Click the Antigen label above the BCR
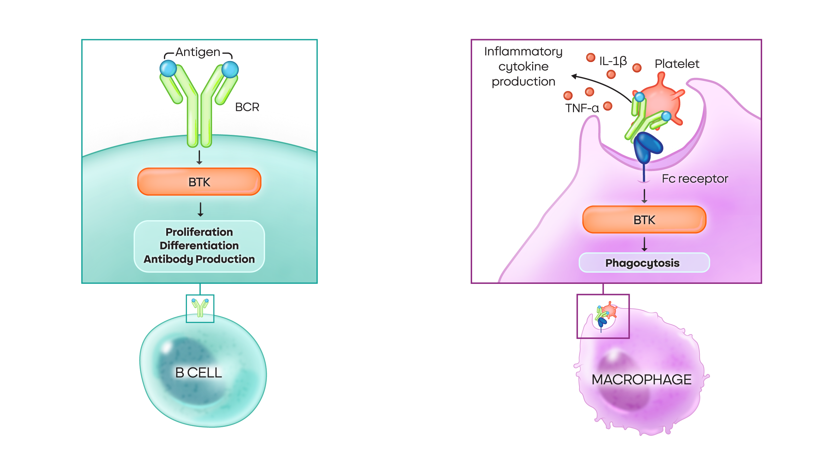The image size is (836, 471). coord(198,52)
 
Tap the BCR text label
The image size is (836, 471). coord(247,107)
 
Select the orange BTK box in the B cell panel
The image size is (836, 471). coord(199,182)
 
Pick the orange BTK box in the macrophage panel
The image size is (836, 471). coord(644,220)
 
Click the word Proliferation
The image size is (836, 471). coord(199,232)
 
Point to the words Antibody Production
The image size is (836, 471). coord(199,259)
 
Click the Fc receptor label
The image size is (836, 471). coord(695,179)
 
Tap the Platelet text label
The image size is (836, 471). coord(677,64)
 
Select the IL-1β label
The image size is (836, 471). coord(613,61)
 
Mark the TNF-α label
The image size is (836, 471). coord(582,108)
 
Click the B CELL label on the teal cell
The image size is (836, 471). coord(199,373)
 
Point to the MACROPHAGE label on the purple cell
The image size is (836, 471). coord(641,380)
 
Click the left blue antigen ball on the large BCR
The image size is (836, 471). coord(168,68)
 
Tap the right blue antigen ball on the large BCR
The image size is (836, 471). coord(230,69)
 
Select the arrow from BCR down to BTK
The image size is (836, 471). coord(199,157)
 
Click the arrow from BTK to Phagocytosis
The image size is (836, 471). coord(644,244)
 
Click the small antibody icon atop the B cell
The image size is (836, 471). coord(200,307)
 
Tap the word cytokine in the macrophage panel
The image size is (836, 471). coord(523,67)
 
